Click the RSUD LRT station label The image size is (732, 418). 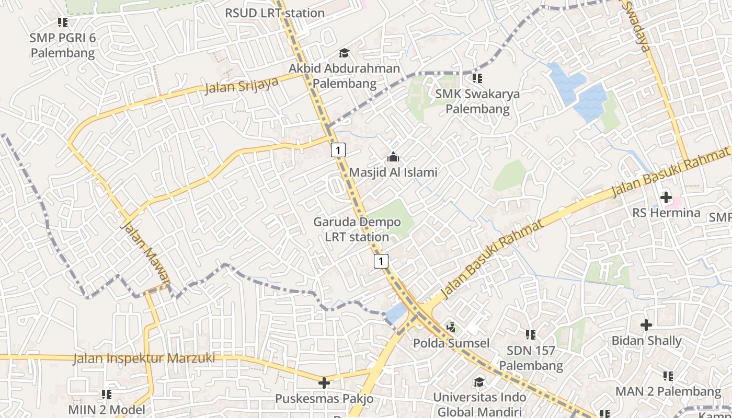pyautogui.click(x=275, y=13)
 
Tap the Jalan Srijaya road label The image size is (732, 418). pyautogui.click(x=241, y=85)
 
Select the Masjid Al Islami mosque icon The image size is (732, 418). pyautogui.click(x=393, y=157)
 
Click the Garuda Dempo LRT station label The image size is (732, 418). pyautogui.click(x=357, y=229)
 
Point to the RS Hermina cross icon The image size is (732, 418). pyautogui.click(x=666, y=198)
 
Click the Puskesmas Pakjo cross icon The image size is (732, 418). pyautogui.click(x=324, y=383)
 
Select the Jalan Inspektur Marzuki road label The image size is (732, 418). pyautogui.click(x=144, y=358)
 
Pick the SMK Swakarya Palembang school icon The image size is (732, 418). pyautogui.click(x=477, y=78)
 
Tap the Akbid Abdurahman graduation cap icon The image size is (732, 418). pyautogui.click(x=344, y=53)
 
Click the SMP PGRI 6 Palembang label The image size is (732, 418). pyautogui.click(x=63, y=45)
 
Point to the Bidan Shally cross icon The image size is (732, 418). pyautogui.click(x=646, y=325)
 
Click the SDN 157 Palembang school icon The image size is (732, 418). pyautogui.click(x=531, y=334)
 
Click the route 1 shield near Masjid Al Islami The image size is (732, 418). pyautogui.click(x=338, y=150)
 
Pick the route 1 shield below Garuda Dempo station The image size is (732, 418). pyautogui.click(x=382, y=261)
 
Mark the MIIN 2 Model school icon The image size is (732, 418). pyautogui.click(x=107, y=394)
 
